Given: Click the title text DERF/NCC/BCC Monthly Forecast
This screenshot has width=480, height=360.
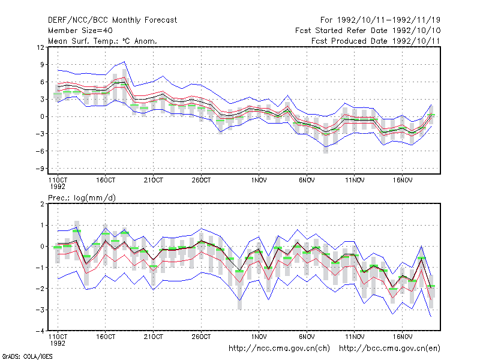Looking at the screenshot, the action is click(112, 20).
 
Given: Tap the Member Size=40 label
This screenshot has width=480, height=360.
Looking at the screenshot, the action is click(80, 31).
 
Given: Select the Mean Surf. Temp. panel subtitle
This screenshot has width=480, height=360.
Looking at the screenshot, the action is click(102, 41).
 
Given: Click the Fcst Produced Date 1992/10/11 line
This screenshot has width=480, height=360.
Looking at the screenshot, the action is click(376, 41).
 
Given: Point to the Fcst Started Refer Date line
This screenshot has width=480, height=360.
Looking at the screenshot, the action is click(368, 31).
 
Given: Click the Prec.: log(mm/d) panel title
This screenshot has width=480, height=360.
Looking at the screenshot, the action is click(82, 198).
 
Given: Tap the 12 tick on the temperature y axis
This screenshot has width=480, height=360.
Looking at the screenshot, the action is click(40, 47).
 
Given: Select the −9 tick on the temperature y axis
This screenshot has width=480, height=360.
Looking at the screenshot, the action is click(40, 169).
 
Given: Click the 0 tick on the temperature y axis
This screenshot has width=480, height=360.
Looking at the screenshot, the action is click(42, 116).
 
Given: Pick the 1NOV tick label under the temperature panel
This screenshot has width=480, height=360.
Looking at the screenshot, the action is click(259, 181).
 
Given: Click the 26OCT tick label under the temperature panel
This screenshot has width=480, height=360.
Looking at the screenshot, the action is click(201, 181).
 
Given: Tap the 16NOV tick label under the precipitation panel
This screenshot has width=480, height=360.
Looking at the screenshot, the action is click(402, 337).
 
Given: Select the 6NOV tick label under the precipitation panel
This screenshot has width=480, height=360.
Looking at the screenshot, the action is click(307, 337).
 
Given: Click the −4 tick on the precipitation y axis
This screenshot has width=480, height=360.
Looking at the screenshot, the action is click(40, 331).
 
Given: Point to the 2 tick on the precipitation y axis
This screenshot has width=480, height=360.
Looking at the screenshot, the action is click(42, 204).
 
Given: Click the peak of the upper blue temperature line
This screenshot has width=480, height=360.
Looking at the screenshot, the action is click(124, 62).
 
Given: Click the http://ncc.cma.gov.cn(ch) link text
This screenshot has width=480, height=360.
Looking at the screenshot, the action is click(279, 349).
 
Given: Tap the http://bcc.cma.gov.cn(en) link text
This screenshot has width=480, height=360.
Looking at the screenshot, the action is click(389, 349).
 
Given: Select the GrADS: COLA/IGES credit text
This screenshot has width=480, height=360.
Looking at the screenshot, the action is click(27, 356).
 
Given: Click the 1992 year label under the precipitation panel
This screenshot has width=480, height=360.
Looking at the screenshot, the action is click(58, 343).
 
